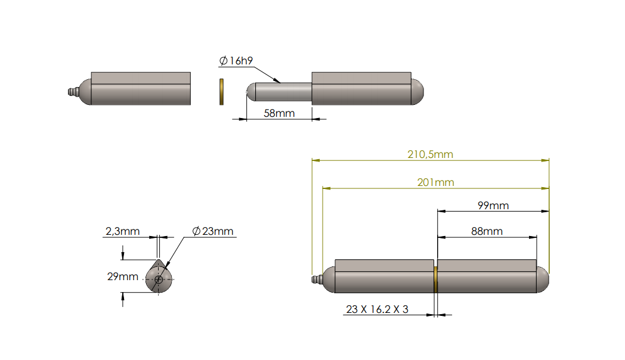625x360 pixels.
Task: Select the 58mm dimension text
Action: pyautogui.click(x=279, y=113)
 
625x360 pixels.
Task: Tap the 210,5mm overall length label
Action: pyautogui.click(x=430, y=154)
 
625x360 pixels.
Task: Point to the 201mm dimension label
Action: pyautogui.click(x=435, y=182)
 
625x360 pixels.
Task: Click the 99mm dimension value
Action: pyautogui.click(x=493, y=205)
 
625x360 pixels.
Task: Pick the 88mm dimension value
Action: pyautogui.click(x=487, y=231)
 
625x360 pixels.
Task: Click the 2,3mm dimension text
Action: pyautogui.click(x=122, y=231)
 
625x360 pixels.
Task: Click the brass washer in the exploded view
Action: pyautogui.click(x=221, y=91)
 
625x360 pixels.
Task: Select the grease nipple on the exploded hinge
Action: pyautogui.click(x=72, y=92)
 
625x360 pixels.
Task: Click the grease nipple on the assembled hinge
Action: pyautogui.click(x=317, y=280)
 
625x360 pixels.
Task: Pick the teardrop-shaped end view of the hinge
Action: pyautogui.click(x=159, y=277)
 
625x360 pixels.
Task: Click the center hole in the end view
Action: pyautogui.click(x=159, y=279)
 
